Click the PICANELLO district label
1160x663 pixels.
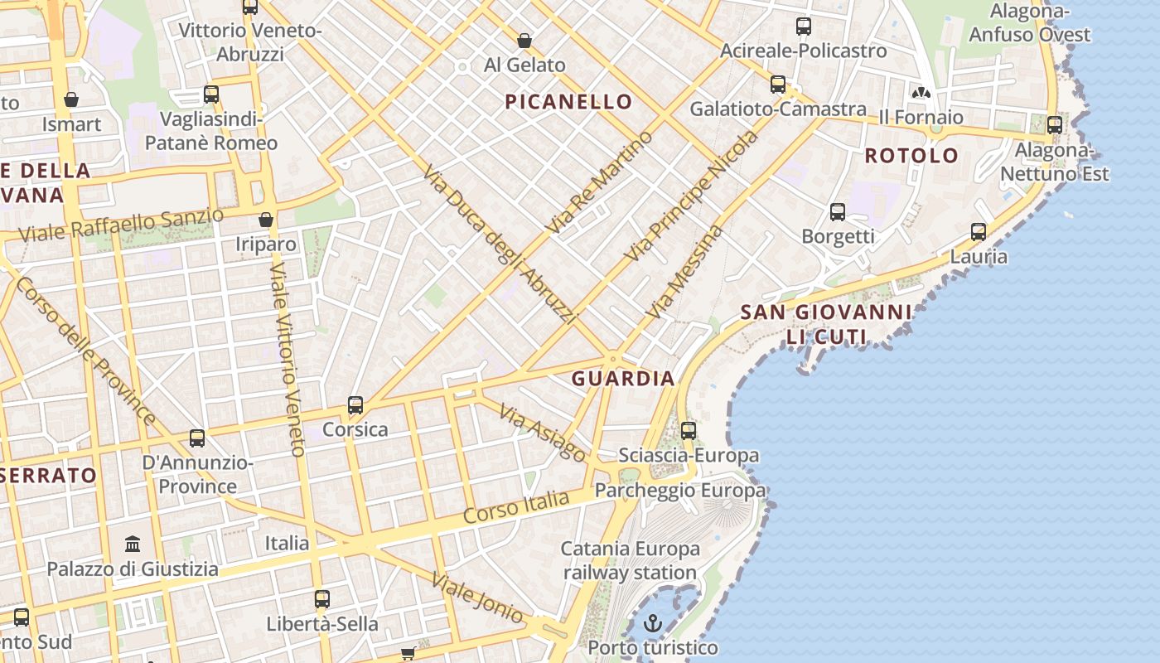(568, 102)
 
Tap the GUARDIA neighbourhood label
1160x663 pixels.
(623, 379)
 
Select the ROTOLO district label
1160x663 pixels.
(911, 156)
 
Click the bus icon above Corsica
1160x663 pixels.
(355, 405)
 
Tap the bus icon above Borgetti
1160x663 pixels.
(838, 212)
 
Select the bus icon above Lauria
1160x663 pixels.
(979, 232)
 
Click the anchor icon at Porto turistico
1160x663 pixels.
(654, 622)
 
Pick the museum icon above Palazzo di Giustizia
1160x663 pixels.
(133, 544)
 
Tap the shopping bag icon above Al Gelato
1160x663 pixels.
(524, 41)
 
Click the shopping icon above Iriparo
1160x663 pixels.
(266, 220)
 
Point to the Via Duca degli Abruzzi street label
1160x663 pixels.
(499, 244)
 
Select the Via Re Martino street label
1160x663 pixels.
(600, 181)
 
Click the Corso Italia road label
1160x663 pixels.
(516, 506)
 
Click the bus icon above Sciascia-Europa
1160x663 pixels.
(688, 431)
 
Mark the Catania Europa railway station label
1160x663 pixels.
(631, 560)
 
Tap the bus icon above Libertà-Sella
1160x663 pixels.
(322, 598)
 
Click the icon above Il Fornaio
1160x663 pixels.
(921, 92)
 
